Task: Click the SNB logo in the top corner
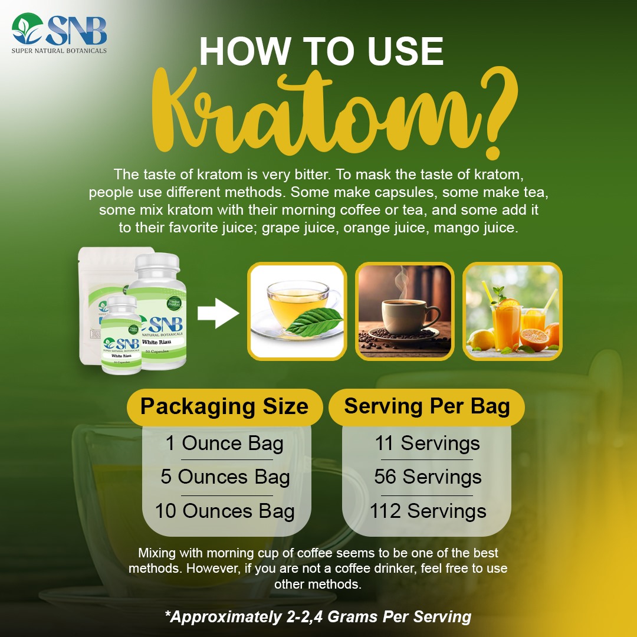click(x=59, y=32)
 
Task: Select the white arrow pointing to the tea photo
click(x=218, y=313)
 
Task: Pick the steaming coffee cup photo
click(x=404, y=311)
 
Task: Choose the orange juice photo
click(x=512, y=311)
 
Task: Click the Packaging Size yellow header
click(x=224, y=406)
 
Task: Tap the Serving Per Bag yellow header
click(x=426, y=406)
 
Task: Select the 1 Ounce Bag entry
click(x=224, y=444)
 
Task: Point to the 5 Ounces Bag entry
click(x=225, y=477)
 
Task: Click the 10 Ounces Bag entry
click(x=224, y=511)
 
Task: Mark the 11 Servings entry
click(x=427, y=444)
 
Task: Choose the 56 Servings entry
click(x=427, y=477)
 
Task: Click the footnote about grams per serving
click(x=318, y=617)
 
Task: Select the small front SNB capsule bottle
click(x=120, y=336)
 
